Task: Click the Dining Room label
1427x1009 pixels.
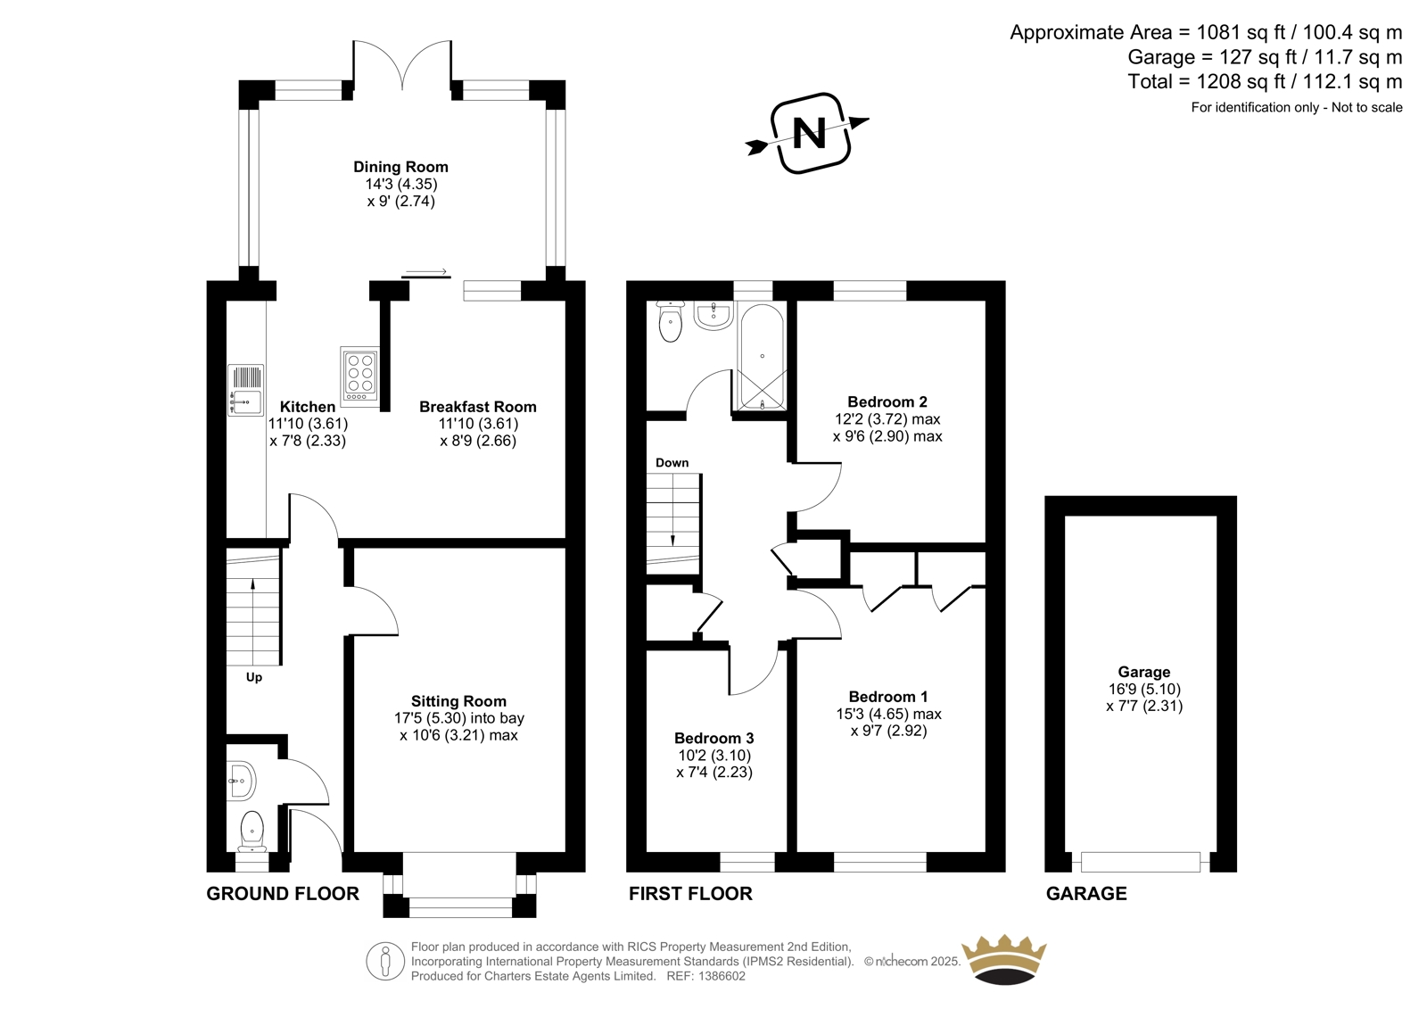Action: click(x=400, y=167)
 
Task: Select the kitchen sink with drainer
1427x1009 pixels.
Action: click(x=246, y=390)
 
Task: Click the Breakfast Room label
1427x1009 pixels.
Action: click(x=478, y=407)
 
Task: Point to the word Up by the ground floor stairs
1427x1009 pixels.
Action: click(x=253, y=677)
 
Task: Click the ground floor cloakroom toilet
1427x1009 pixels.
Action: click(x=252, y=831)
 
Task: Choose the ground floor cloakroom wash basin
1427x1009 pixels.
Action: click(x=242, y=781)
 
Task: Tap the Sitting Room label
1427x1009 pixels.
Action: click(x=458, y=701)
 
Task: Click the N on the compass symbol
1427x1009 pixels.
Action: click(x=809, y=133)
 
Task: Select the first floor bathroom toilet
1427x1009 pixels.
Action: click(x=670, y=321)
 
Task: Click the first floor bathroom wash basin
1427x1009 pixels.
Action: click(x=713, y=316)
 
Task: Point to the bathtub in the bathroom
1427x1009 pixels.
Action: click(x=762, y=356)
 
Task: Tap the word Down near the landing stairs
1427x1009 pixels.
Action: click(x=672, y=463)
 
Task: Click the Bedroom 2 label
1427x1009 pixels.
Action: click(x=887, y=401)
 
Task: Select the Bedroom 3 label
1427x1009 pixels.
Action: click(x=714, y=738)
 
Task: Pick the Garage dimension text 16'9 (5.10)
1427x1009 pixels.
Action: click(x=1144, y=689)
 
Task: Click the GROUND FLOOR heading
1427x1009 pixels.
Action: click(x=283, y=894)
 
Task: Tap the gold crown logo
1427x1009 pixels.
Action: click(x=1004, y=960)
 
